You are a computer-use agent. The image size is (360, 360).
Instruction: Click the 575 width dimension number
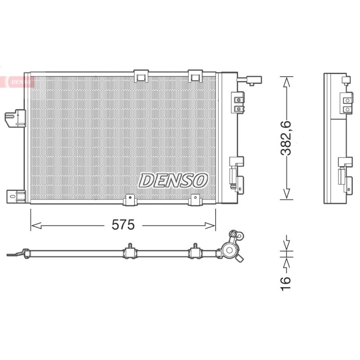[x=123, y=225]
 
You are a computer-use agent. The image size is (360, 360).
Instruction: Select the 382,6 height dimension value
[x=286, y=138]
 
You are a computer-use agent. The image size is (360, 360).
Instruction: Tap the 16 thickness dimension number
[x=286, y=283]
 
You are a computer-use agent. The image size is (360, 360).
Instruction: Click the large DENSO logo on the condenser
[x=173, y=180]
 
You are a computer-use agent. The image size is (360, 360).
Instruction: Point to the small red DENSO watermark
[x=20, y=82]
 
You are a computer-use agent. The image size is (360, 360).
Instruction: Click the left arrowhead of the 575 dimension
[x=36, y=226]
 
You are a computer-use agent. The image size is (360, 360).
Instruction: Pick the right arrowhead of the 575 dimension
[x=210, y=226]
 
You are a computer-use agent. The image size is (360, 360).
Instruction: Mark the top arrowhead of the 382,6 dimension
[x=286, y=82]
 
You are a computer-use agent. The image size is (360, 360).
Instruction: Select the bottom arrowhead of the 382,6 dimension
[x=286, y=194]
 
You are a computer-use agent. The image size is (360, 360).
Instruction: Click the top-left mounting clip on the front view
[x=141, y=76]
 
